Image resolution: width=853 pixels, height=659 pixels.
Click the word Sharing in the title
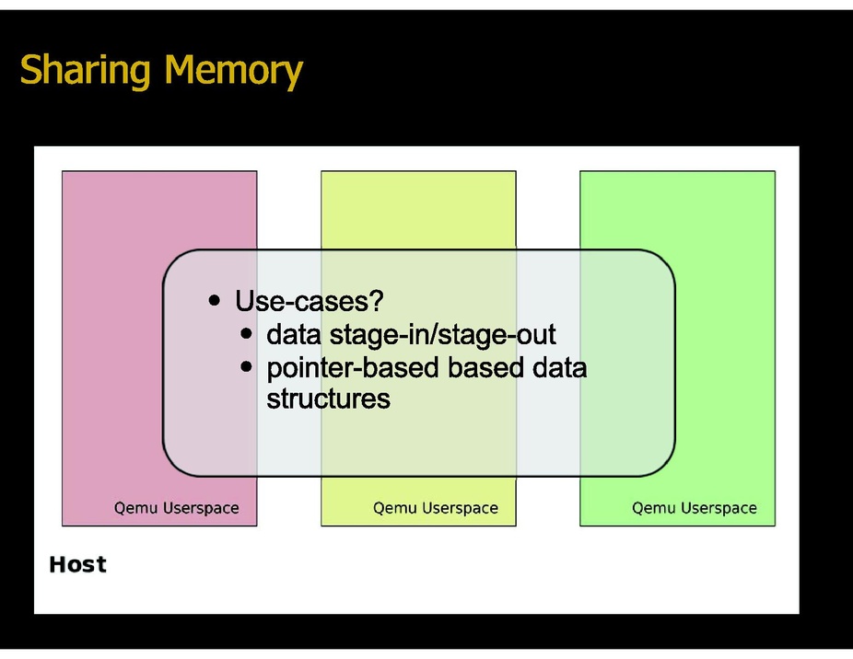(75, 70)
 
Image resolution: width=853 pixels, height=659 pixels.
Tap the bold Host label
(77, 564)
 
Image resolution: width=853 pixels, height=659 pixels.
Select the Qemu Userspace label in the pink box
(176, 507)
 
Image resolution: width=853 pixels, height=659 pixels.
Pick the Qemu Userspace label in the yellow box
(435, 507)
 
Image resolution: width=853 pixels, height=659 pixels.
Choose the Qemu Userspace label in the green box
(694, 507)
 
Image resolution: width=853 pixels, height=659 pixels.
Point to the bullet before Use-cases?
(215, 300)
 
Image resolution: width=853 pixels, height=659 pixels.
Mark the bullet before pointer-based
(246, 366)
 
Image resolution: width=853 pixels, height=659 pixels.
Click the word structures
(328, 399)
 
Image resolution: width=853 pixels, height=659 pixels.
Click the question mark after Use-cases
(376, 300)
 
